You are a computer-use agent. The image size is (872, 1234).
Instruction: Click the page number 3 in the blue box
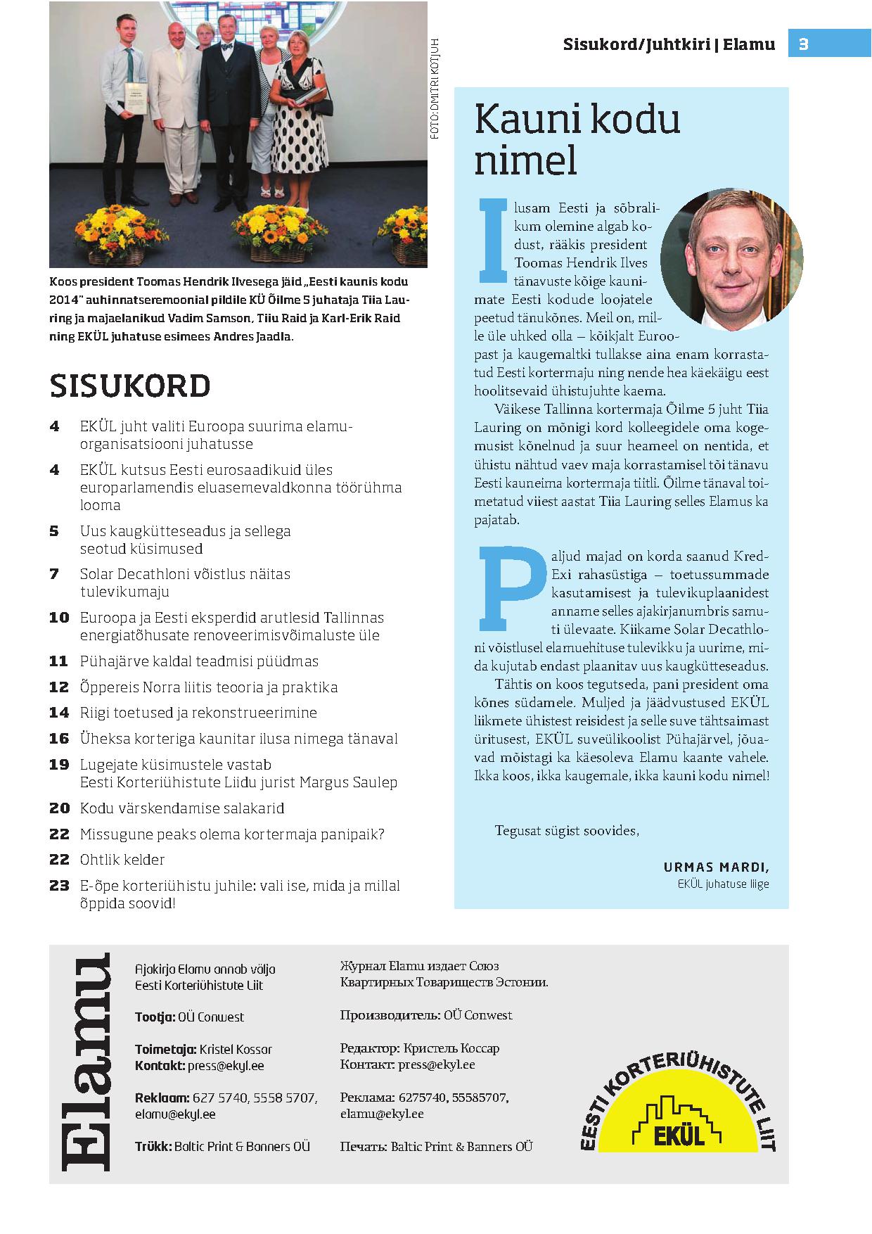pyautogui.click(x=804, y=44)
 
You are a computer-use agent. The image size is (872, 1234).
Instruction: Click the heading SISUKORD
pyautogui.click(x=130, y=386)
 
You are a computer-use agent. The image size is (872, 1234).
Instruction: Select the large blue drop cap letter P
pyautogui.click(x=511, y=587)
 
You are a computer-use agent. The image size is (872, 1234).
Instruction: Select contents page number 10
pyautogui.click(x=59, y=618)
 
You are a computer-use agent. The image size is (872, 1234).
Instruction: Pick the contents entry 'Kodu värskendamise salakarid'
pyautogui.click(x=182, y=808)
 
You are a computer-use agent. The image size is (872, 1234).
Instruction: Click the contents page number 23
pyautogui.click(x=59, y=886)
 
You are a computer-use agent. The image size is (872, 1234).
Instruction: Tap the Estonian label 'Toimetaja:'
pyautogui.click(x=165, y=1049)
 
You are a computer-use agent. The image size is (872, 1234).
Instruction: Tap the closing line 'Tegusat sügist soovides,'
pyautogui.click(x=567, y=830)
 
